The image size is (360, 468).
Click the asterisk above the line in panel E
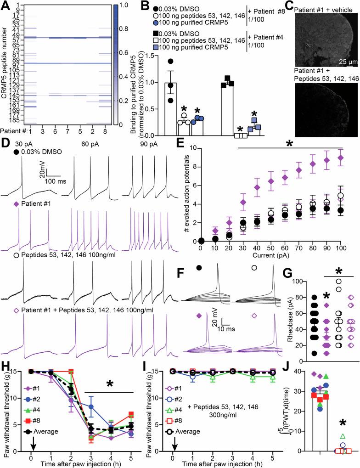(289, 143)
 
